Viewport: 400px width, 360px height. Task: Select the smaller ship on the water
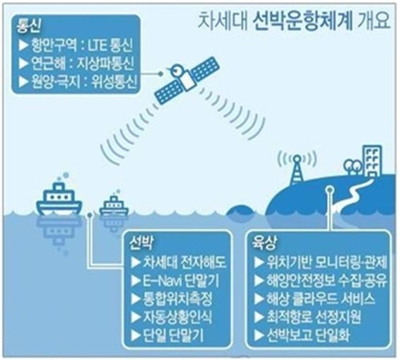pos(114,206)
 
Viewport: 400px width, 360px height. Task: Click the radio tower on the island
pos(297,170)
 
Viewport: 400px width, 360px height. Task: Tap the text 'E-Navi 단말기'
pos(181,280)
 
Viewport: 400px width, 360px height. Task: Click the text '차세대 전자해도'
pos(184,262)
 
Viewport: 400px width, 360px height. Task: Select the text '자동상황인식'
pos(177,317)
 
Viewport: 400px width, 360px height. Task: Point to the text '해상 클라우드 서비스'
pos(320,298)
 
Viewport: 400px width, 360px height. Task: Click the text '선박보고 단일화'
pos(308,335)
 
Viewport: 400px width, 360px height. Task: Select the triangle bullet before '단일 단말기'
pos(136,335)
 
